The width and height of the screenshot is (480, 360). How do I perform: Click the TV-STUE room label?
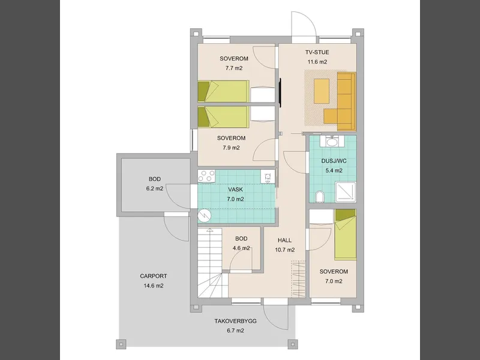pyautogui.click(x=317, y=52)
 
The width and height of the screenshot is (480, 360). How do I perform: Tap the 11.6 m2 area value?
pyautogui.click(x=317, y=62)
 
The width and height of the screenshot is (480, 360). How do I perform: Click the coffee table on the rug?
pyautogui.click(x=322, y=91)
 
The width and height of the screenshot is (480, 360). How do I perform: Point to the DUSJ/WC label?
pyautogui.click(x=334, y=161)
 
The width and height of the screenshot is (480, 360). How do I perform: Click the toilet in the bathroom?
pyautogui.click(x=319, y=197)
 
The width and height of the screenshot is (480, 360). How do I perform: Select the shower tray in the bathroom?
pyautogui.click(x=346, y=192)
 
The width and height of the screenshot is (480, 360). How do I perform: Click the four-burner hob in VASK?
pyautogui.click(x=206, y=176)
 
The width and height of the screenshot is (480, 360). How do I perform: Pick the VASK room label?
pyautogui.click(x=235, y=190)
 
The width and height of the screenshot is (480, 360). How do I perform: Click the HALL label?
pyautogui.click(x=284, y=241)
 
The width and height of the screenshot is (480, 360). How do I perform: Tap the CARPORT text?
pyautogui.click(x=154, y=276)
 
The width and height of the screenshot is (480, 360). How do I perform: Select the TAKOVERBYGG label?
pyautogui.click(x=235, y=321)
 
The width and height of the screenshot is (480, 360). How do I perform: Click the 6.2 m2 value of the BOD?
pyautogui.click(x=155, y=188)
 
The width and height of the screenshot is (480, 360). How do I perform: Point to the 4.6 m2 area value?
pyautogui.click(x=241, y=248)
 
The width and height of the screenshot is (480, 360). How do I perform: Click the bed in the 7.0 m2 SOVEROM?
pyautogui.click(x=346, y=235)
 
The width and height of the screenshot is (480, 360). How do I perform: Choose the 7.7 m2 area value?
pyautogui.click(x=234, y=68)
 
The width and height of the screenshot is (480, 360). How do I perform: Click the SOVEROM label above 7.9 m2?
pyautogui.click(x=232, y=138)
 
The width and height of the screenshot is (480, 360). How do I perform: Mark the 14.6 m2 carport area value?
pyautogui.click(x=154, y=286)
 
